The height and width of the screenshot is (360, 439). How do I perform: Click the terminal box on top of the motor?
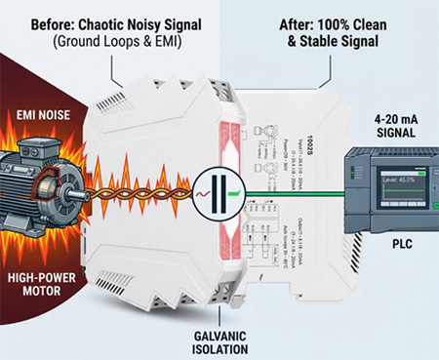[x=29, y=152]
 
